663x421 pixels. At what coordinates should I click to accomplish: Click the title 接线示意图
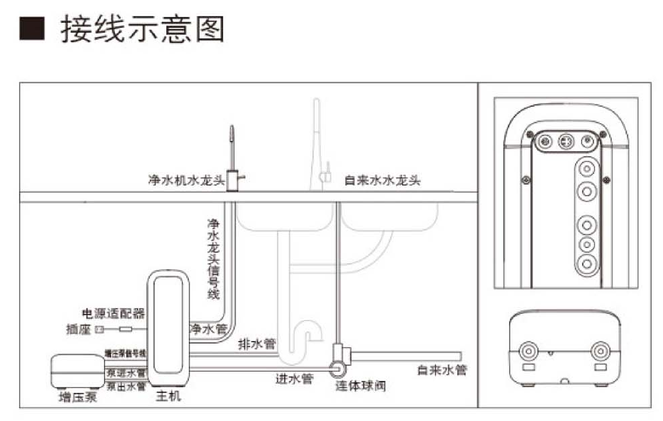pos(142,30)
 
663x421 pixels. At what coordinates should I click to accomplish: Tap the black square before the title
pos(31,30)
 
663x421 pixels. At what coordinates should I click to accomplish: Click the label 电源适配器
pos(113,313)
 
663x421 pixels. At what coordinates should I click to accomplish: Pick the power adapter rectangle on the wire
pos(125,330)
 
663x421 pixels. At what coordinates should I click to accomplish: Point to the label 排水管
pos(257,344)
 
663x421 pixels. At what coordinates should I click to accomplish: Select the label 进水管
pos(294,379)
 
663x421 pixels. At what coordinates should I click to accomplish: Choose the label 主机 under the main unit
pos(168,396)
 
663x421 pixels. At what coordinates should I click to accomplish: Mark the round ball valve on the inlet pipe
pos(337,368)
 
